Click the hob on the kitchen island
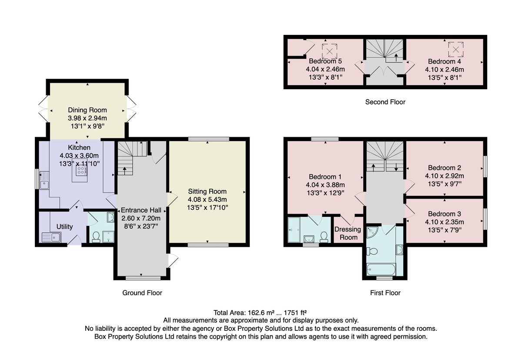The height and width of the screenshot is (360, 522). click(x=81, y=170)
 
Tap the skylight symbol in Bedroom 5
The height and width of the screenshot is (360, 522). click(x=329, y=51)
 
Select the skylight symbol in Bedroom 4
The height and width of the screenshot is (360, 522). click(x=455, y=49)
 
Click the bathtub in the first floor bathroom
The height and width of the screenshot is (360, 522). click(x=381, y=269)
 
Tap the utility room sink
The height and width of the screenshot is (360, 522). click(x=51, y=238)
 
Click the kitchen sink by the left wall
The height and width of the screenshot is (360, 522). click(x=44, y=180)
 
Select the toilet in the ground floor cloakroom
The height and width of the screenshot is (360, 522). click(x=96, y=237)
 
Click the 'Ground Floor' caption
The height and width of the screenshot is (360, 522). click(x=142, y=293)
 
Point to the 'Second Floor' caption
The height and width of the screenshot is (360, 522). click(x=385, y=102)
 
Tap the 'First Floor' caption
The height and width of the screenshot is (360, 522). click(x=385, y=293)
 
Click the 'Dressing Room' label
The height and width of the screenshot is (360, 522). click(x=348, y=233)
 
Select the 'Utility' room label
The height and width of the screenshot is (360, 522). click(x=64, y=227)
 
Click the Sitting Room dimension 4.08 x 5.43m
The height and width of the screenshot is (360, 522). click(x=207, y=199)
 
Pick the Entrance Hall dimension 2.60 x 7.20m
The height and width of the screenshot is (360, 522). click(x=141, y=218)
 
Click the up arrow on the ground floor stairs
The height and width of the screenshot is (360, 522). click(x=124, y=171)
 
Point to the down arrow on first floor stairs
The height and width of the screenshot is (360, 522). click(x=396, y=167)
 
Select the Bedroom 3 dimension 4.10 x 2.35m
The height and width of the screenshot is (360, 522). click(x=445, y=222)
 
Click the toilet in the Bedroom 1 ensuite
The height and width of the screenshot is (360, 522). click(x=324, y=237)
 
